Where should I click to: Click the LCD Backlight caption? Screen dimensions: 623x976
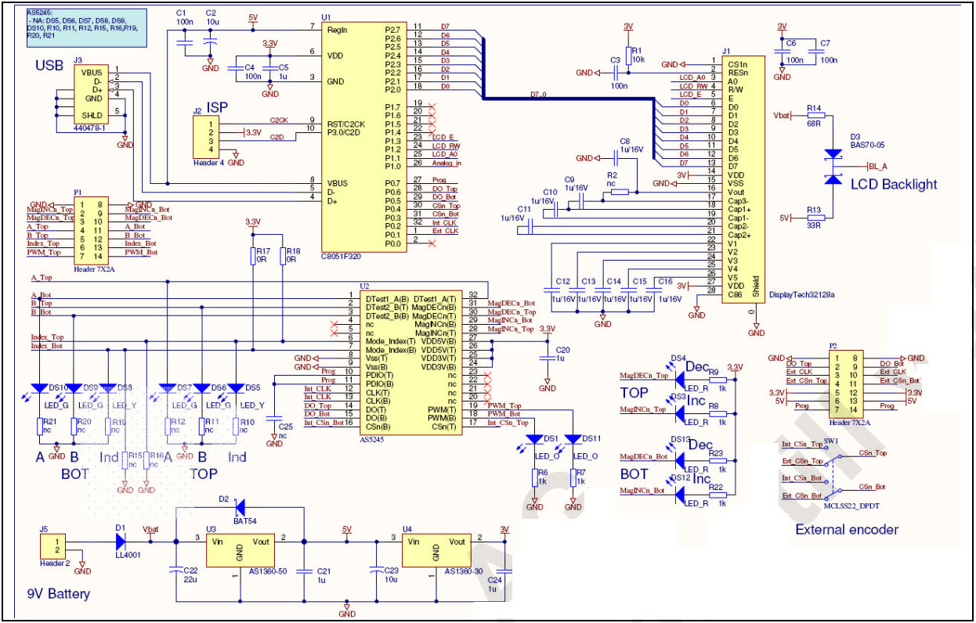coord(893,184)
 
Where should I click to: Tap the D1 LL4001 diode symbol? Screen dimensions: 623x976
coord(121,540)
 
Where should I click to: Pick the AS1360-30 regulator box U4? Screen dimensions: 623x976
coord(436,551)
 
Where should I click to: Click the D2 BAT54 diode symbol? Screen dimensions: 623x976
coord(240,506)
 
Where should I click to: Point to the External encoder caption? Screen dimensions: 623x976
coord(847,529)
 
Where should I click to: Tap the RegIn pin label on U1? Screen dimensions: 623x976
coord(337,30)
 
